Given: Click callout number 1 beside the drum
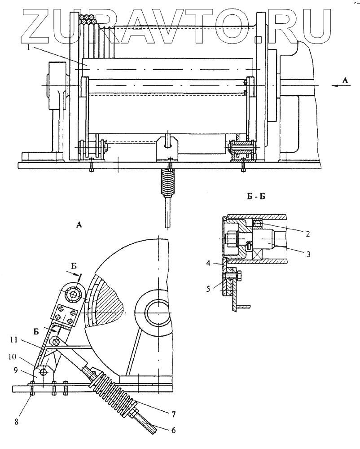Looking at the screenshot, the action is click(28, 48).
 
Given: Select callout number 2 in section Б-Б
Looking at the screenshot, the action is click(307, 234).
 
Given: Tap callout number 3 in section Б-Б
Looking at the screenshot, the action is click(308, 254).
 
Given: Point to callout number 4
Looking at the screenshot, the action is click(209, 263).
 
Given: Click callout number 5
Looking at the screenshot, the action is click(209, 289).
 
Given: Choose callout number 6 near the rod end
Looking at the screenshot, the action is click(173, 430).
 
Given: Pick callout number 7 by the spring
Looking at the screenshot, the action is click(173, 414).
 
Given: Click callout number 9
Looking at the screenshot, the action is click(16, 370).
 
